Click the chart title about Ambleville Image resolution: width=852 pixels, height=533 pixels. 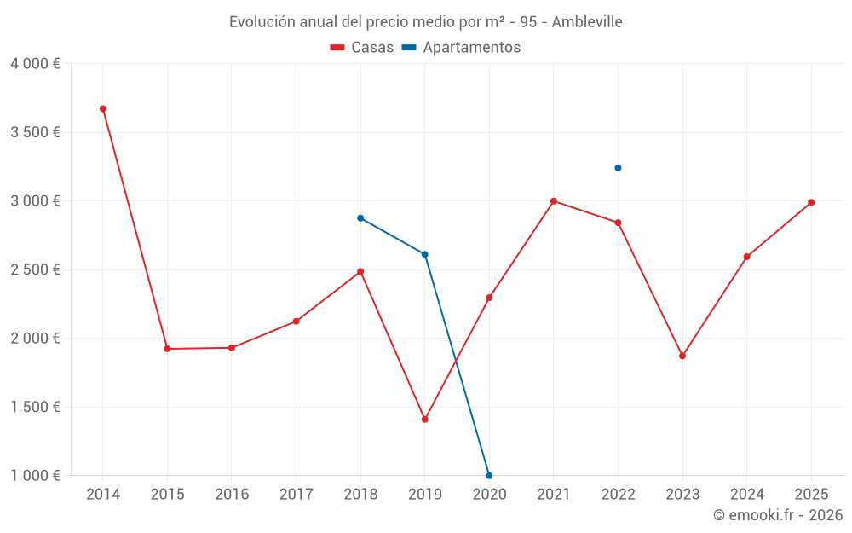pyautogui.click(x=425, y=21)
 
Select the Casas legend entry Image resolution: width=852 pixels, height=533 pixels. pyautogui.click(x=362, y=48)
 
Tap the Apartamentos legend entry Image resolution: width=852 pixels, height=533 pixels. pyautogui.click(x=461, y=48)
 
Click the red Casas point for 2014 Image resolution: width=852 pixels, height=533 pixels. pyautogui.click(x=103, y=109)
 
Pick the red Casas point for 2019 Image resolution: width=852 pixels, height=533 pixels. pyautogui.click(x=424, y=420)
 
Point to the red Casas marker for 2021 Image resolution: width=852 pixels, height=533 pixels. pyautogui.click(x=554, y=201)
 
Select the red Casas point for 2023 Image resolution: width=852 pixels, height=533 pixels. pyautogui.click(x=682, y=356)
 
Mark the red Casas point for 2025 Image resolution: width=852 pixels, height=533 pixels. pyautogui.click(x=811, y=202)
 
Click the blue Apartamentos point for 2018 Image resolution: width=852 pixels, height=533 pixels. pyautogui.click(x=360, y=218)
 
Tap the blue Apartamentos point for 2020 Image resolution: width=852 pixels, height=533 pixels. pyautogui.click(x=489, y=476)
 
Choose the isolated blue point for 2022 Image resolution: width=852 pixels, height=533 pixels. pyautogui.click(x=618, y=168)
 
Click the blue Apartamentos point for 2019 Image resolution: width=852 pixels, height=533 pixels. pyautogui.click(x=424, y=254)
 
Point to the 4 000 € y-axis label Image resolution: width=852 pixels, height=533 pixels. pyautogui.click(x=35, y=64)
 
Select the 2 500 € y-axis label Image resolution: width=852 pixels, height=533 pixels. pyautogui.click(x=35, y=269)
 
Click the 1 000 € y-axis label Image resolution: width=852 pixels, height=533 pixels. pyautogui.click(x=35, y=476)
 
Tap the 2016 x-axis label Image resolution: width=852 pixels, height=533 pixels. pyautogui.click(x=232, y=495)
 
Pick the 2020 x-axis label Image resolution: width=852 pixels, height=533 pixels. pyautogui.click(x=489, y=495)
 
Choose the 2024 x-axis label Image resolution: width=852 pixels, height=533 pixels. pyautogui.click(x=746, y=495)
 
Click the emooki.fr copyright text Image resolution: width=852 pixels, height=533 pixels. pyautogui.click(x=778, y=515)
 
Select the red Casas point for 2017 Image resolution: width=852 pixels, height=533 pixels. pyautogui.click(x=296, y=322)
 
